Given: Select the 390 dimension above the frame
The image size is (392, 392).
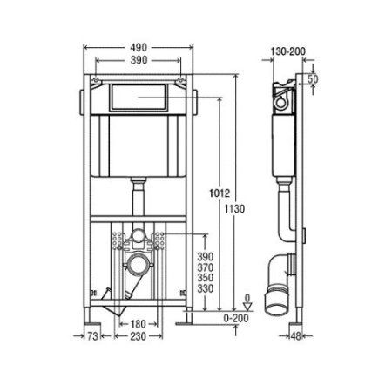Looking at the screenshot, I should [x=139, y=63].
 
